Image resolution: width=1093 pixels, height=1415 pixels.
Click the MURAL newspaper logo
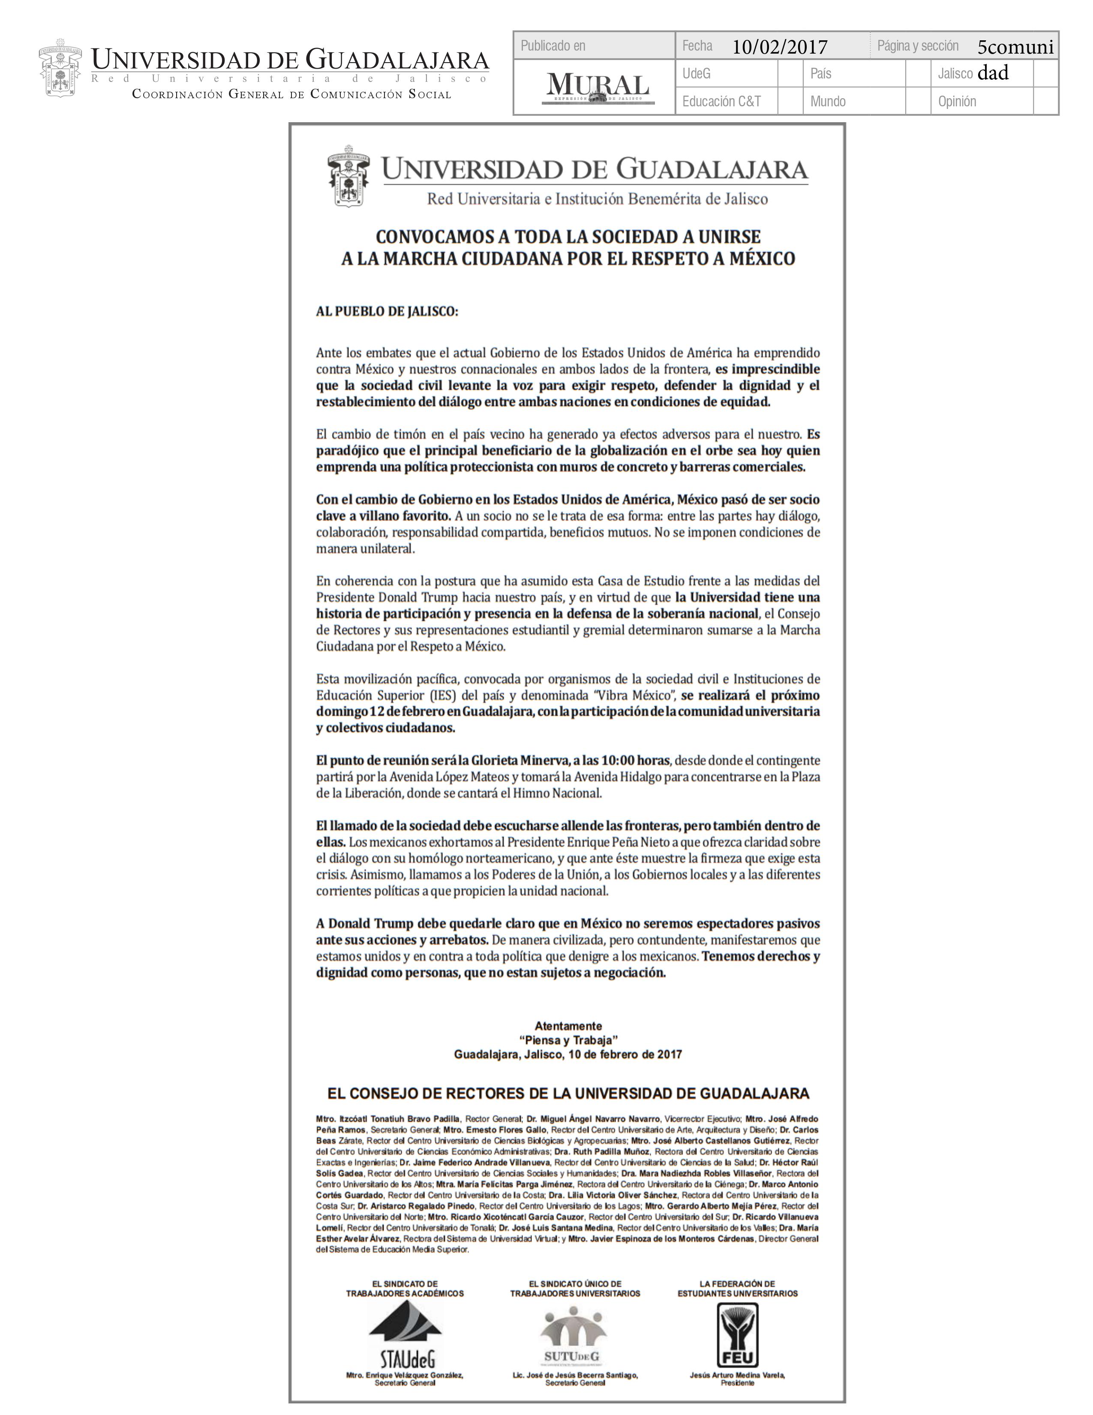pos(597,87)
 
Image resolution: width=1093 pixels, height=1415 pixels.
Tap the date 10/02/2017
pos(780,47)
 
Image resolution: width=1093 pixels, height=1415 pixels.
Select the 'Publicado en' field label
pos(553,45)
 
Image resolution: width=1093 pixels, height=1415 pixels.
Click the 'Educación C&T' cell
pos(721,101)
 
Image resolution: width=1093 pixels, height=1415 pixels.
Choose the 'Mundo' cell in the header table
pos(828,101)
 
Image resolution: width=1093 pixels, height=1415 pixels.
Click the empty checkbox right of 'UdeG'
pos(790,73)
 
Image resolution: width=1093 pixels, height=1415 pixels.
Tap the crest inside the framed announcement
pos(348,176)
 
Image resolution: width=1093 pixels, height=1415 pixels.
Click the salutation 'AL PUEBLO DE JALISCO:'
pos(387,311)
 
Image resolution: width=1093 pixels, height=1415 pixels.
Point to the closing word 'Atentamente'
pos(568,1026)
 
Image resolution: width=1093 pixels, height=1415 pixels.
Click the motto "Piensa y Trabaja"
pos(568,1040)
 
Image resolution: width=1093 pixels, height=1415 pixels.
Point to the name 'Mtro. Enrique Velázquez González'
pos(405,1374)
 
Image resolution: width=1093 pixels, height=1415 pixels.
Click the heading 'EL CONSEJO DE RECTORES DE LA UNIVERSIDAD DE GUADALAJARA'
pos(568,1094)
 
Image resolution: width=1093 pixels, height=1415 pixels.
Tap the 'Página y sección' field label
pos(918,45)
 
